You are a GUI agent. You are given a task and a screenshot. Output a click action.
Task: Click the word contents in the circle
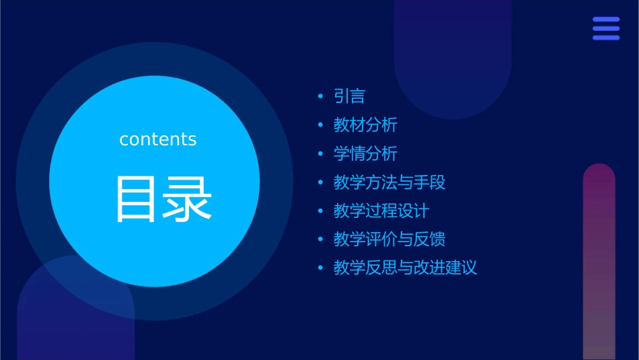[x=158, y=139]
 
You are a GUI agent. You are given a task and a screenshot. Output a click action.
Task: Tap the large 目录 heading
[x=165, y=199]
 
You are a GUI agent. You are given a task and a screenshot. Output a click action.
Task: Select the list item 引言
[x=349, y=96]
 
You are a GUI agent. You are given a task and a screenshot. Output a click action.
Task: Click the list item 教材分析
[x=365, y=125]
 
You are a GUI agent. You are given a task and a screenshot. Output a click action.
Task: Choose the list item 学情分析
[x=365, y=153]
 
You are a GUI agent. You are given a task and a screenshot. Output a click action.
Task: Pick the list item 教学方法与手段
[x=389, y=182]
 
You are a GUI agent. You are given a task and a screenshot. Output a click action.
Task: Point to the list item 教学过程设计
[x=381, y=211]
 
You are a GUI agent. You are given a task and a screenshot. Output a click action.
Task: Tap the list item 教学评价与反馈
[x=389, y=240]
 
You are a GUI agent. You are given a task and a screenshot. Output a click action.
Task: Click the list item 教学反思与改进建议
[x=405, y=268]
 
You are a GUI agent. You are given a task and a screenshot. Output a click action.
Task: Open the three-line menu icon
[x=606, y=29]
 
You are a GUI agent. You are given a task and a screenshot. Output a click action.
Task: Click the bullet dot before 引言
[x=321, y=97]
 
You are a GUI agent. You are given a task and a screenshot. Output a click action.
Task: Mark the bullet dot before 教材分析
[x=321, y=126]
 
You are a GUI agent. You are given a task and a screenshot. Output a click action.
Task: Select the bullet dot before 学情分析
[x=321, y=154]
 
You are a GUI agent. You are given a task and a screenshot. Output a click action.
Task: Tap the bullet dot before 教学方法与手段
[x=321, y=183]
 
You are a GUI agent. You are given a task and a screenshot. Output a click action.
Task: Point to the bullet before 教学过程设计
[x=321, y=211]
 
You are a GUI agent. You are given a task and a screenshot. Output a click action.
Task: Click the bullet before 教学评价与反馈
[x=321, y=240]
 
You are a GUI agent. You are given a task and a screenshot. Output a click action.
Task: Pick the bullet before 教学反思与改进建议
[x=321, y=268]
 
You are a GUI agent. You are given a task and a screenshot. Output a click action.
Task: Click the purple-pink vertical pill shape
[x=599, y=262]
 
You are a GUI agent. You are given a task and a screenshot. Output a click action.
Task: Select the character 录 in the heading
[x=190, y=199]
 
